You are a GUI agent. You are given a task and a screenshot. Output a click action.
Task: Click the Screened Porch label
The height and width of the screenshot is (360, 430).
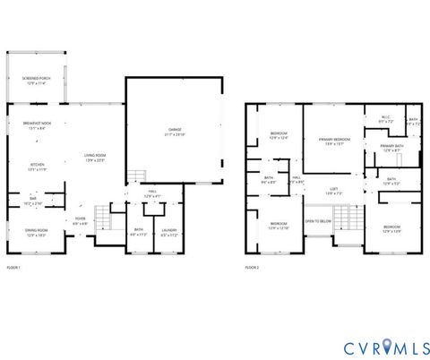(x=37, y=81)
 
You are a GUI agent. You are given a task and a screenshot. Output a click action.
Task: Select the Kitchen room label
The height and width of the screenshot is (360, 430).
(x=38, y=166)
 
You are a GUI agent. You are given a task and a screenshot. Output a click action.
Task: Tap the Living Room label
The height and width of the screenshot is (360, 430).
(x=95, y=158)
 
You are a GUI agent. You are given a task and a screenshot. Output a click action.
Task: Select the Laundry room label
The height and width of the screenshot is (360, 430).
(x=168, y=232)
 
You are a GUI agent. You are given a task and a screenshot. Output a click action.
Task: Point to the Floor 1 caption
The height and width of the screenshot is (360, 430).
(x=13, y=267)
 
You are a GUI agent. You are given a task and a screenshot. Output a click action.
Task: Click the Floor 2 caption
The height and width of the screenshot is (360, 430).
(x=254, y=267)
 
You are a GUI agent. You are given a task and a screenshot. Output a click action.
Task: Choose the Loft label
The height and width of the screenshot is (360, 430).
(x=333, y=191)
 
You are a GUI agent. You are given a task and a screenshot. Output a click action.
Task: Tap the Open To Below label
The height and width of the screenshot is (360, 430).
(x=318, y=220)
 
